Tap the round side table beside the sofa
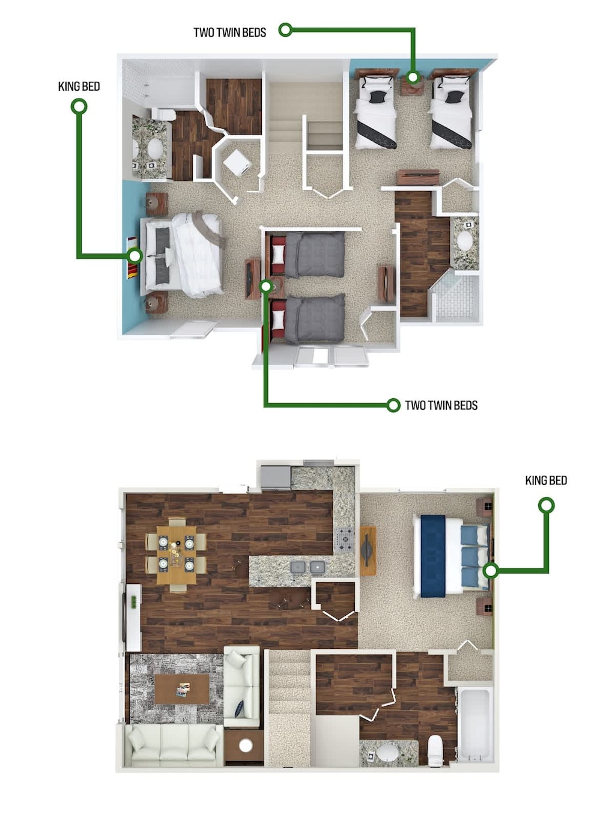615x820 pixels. pyautogui.click(x=245, y=746)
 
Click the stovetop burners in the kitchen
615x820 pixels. pyautogui.click(x=345, y=539)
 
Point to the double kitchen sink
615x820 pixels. pyautogui.click(x=307, y=566)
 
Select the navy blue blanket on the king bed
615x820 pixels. pyautogui.click(x=432, y=556)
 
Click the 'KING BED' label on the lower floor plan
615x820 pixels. pyautogui.click(x=545, y=481)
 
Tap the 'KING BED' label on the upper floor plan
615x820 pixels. pyautogui.click(x=79, y=87)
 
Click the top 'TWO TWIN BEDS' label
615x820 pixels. pyautogui.click(x=229, y=32)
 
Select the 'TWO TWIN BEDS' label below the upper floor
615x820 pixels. pyautogui.click(x=441, y=405)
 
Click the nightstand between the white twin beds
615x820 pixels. pyautogui.click(x=413, y=85)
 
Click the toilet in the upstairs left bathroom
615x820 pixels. pyautogui.click(x=163, y=114)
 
